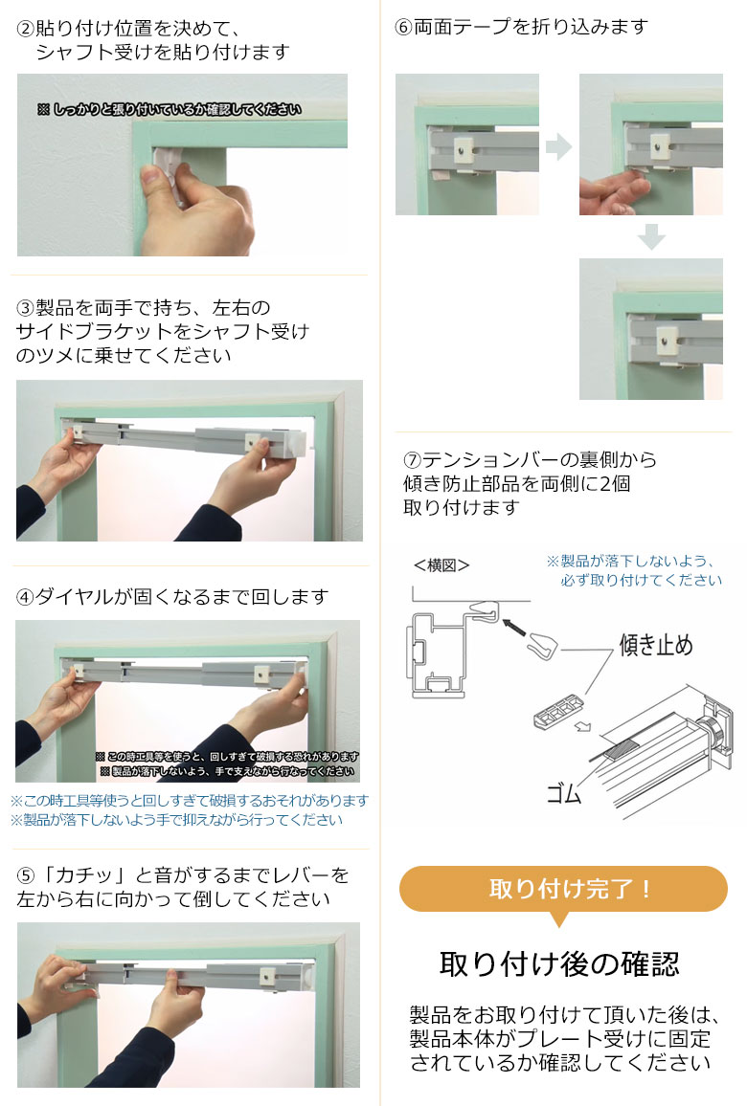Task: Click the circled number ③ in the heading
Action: (26, 308)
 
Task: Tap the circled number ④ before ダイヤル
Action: (26, 597)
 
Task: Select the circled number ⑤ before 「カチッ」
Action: (27, 875)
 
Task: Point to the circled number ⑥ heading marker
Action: (403, 27)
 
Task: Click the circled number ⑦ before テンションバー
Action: (413, 460)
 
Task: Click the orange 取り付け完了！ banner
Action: (563, 889)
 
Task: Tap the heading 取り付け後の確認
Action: (559, 963)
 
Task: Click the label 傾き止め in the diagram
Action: (656, 645)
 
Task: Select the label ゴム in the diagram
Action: (563, 792)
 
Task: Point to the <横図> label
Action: (441, 564)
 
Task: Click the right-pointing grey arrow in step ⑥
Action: (558, 147)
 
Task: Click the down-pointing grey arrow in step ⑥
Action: (651, 236)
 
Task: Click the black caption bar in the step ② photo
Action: (170, 110)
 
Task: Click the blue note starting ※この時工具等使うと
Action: (190, 800)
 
